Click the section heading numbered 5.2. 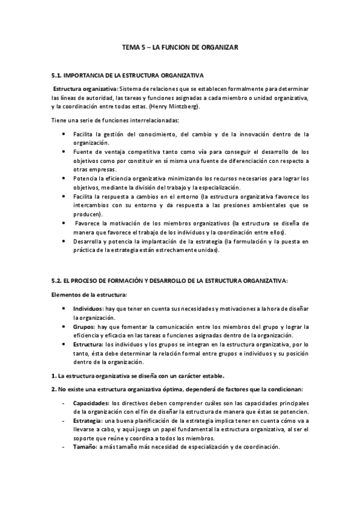[170, 280]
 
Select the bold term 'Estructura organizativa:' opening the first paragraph [82, 88]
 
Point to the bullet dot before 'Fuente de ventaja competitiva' [64, 152]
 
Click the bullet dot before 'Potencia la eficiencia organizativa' [64, 179]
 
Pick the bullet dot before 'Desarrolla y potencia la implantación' [64, 241]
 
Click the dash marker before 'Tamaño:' [64, 447]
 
